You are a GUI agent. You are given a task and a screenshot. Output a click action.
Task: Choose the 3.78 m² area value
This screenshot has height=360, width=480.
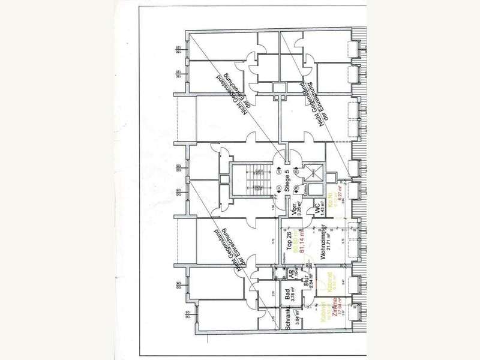(x=295, y=294)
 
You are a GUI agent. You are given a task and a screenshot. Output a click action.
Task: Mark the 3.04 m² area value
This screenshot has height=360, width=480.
(x=295, y=315)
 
